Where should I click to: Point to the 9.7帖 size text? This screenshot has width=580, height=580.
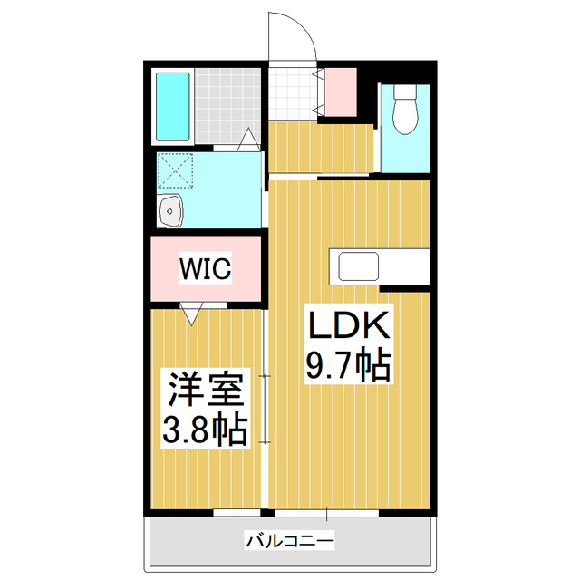click(x=347, y=364)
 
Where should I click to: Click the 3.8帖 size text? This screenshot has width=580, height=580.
click(x=206, y=430)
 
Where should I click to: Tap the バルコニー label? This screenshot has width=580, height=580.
click(x=290, y=541)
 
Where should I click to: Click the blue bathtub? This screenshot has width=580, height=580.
click(x=172, y=106)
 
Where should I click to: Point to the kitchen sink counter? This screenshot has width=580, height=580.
click(x=359, y=266)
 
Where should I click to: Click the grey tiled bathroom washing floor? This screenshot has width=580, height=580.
click(x=227, y=106)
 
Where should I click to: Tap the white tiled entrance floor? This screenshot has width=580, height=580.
click(x=290, y=91)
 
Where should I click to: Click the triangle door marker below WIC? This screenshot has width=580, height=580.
click(x=190, y=314)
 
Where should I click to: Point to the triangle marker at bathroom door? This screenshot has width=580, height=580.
click(x=247, y=140)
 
